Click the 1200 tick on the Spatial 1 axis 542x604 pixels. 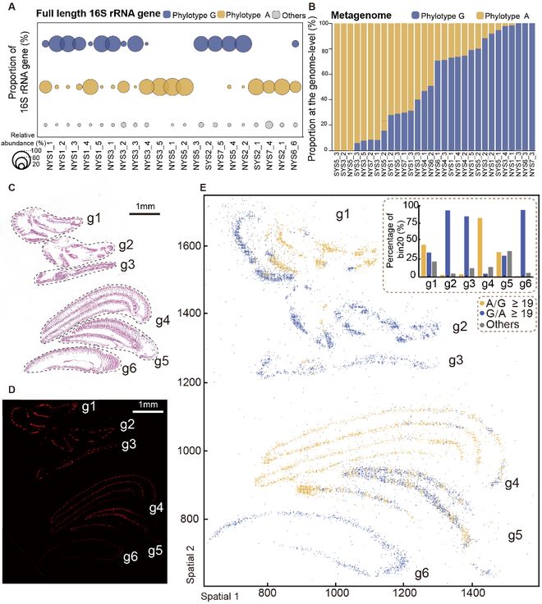(x=404, y=589)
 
